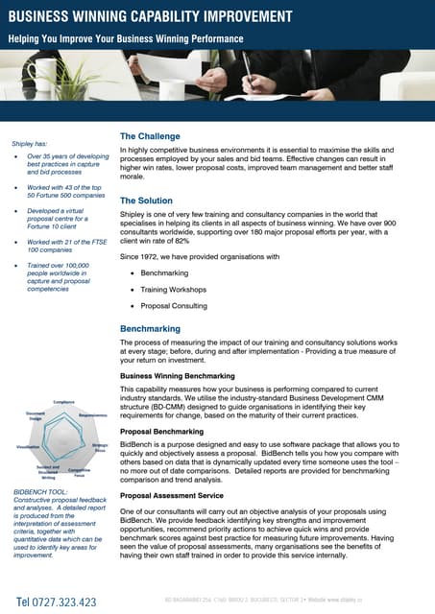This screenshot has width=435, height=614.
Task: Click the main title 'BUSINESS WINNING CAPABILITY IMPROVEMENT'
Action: click(x=151, y=16)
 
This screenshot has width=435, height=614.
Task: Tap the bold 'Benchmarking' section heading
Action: click(x=150, y=328)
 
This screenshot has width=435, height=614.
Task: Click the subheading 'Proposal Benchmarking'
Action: click(x=162, y=432)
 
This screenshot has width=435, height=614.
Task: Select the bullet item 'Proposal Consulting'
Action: click(x=174, y=306)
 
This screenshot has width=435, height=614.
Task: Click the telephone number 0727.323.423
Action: click(x=57, y=602)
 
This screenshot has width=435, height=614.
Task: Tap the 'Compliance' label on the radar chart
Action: click(x=64, y=402)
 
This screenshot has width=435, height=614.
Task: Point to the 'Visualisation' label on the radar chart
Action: click(x=28, y=447)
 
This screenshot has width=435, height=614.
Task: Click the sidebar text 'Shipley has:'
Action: click(x=29, y=140)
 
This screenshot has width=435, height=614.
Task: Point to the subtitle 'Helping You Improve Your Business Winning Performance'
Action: click(x=126, y=38)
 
